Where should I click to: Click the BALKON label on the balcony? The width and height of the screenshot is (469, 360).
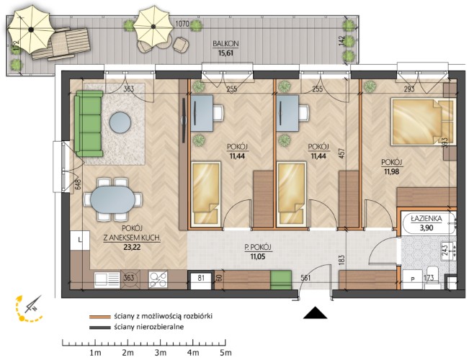(x=225, y=44)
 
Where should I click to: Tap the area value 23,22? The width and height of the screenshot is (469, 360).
(x=132, y=247)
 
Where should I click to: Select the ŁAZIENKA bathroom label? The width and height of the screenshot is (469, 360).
(x=426, y=219)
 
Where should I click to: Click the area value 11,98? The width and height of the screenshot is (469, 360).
(x=391, y=171)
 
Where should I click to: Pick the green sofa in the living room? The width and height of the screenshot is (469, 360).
(x=89, y=124)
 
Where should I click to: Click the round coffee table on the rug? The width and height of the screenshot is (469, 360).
(x=120, y=122)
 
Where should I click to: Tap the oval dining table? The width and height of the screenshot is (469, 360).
(x=113, y=199)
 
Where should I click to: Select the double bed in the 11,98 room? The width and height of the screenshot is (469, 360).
(x=422, y=122)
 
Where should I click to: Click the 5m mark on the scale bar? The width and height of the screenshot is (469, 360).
(x=225, y=353)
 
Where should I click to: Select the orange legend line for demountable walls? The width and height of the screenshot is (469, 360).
(x=100, y=317)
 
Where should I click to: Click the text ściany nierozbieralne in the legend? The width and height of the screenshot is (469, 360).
(x=148, y=327)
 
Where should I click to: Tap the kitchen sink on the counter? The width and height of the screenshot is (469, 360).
(x=107, y=280)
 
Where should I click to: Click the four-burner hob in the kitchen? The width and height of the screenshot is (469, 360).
(x=158, y=280)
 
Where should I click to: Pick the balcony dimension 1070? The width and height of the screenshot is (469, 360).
(x=182, y=24)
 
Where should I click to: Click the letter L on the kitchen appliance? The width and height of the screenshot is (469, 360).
(x=79, y=240)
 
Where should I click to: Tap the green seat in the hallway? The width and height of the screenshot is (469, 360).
(x=281, y=280)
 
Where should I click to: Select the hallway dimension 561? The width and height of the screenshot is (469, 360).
(x=305, y=278)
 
